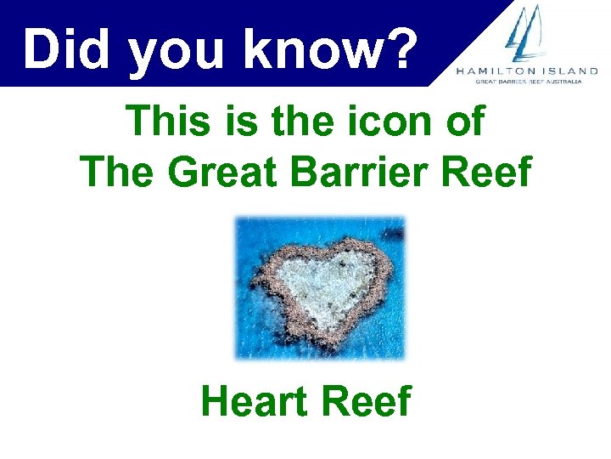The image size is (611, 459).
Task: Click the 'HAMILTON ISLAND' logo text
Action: coord(532,71)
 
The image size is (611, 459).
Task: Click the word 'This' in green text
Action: coord(171,122)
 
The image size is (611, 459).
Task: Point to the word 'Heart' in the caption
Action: coord(255,401)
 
